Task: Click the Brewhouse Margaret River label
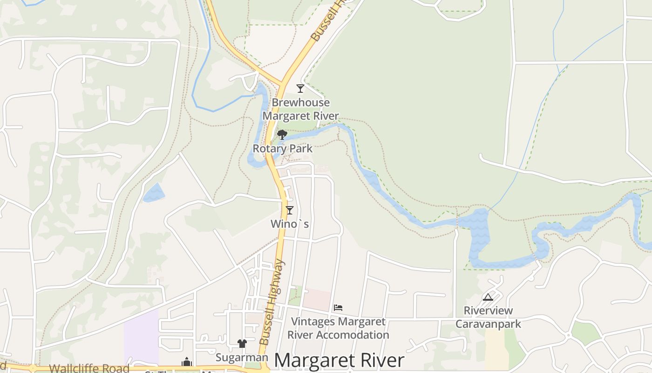tap(301, 109)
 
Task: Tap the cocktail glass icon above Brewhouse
tap(300, 88)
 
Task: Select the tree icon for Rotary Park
tap(282, 135)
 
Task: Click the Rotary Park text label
tap(282, 149)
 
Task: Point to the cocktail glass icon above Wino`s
tap(290, 210)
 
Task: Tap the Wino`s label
tap(290, 224)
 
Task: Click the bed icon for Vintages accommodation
tap(338, 308)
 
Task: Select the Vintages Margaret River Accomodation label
tap(338, 328)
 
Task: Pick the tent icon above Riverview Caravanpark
tap(488, 297)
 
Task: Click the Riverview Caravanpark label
tap(488, 317)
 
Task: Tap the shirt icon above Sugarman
tap(242, 344)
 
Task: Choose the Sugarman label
tap(242, 358)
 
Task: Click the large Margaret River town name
tap(339, 361)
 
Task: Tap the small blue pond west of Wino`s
tap(154, 193)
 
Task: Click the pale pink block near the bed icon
tap(317, 299)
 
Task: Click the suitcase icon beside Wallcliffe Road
tap(187, 362)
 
